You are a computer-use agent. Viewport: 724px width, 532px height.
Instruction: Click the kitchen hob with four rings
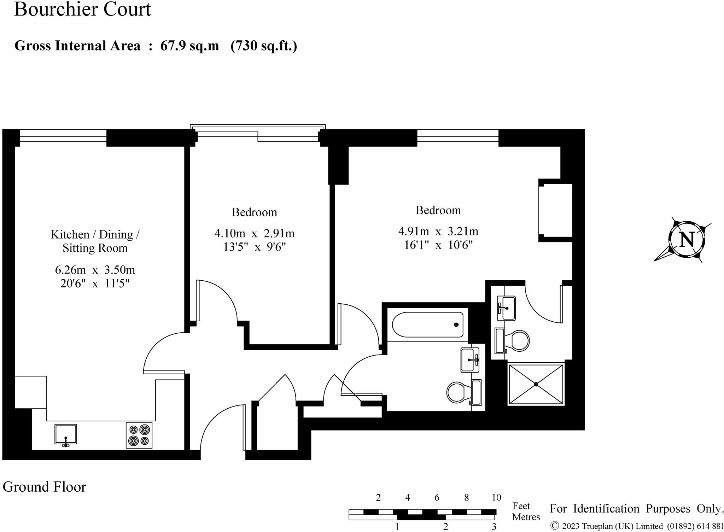click(x=139, y=435)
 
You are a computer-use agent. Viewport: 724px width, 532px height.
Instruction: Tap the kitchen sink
click(x=65, y=434)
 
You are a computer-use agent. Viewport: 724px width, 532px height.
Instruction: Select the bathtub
click(x=428, y=325)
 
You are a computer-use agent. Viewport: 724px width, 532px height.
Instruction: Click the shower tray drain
click(x=536, y=384)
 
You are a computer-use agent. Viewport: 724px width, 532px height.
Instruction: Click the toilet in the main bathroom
click(x=459, y=392)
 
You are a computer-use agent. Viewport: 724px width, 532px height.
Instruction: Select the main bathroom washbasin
click(x=470, y=360)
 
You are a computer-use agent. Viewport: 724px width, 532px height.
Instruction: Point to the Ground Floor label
click(x=45, y=487)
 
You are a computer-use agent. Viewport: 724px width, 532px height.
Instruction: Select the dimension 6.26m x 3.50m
click(x=95, y=270)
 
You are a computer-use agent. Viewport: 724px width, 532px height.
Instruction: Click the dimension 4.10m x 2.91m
click(x=254, y=233)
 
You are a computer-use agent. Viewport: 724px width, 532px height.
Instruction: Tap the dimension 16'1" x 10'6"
click(x=438, y=245)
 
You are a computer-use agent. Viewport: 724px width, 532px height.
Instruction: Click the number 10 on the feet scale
click(x=496, y=498)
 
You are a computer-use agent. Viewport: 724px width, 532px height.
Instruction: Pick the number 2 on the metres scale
click(x=445, y=527)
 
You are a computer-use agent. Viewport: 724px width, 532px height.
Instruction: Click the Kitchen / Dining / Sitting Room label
click(x=95, y=241)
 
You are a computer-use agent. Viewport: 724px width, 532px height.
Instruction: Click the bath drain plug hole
click(x=456, y=325)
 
